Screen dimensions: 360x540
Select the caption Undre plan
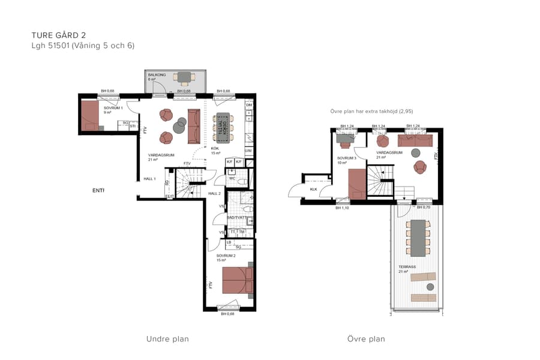[167, 339]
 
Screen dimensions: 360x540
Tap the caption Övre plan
[366, 339]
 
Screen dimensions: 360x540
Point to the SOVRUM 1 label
[113, 108]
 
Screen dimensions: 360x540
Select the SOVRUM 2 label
[226, 255]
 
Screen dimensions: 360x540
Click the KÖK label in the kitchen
[215, 148]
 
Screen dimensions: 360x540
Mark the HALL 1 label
[149, 179]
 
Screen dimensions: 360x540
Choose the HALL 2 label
[215, 193]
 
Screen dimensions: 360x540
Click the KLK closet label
[313, 189]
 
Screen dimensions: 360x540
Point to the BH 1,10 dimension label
[342, 208]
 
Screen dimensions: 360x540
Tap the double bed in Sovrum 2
[238, 280]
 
